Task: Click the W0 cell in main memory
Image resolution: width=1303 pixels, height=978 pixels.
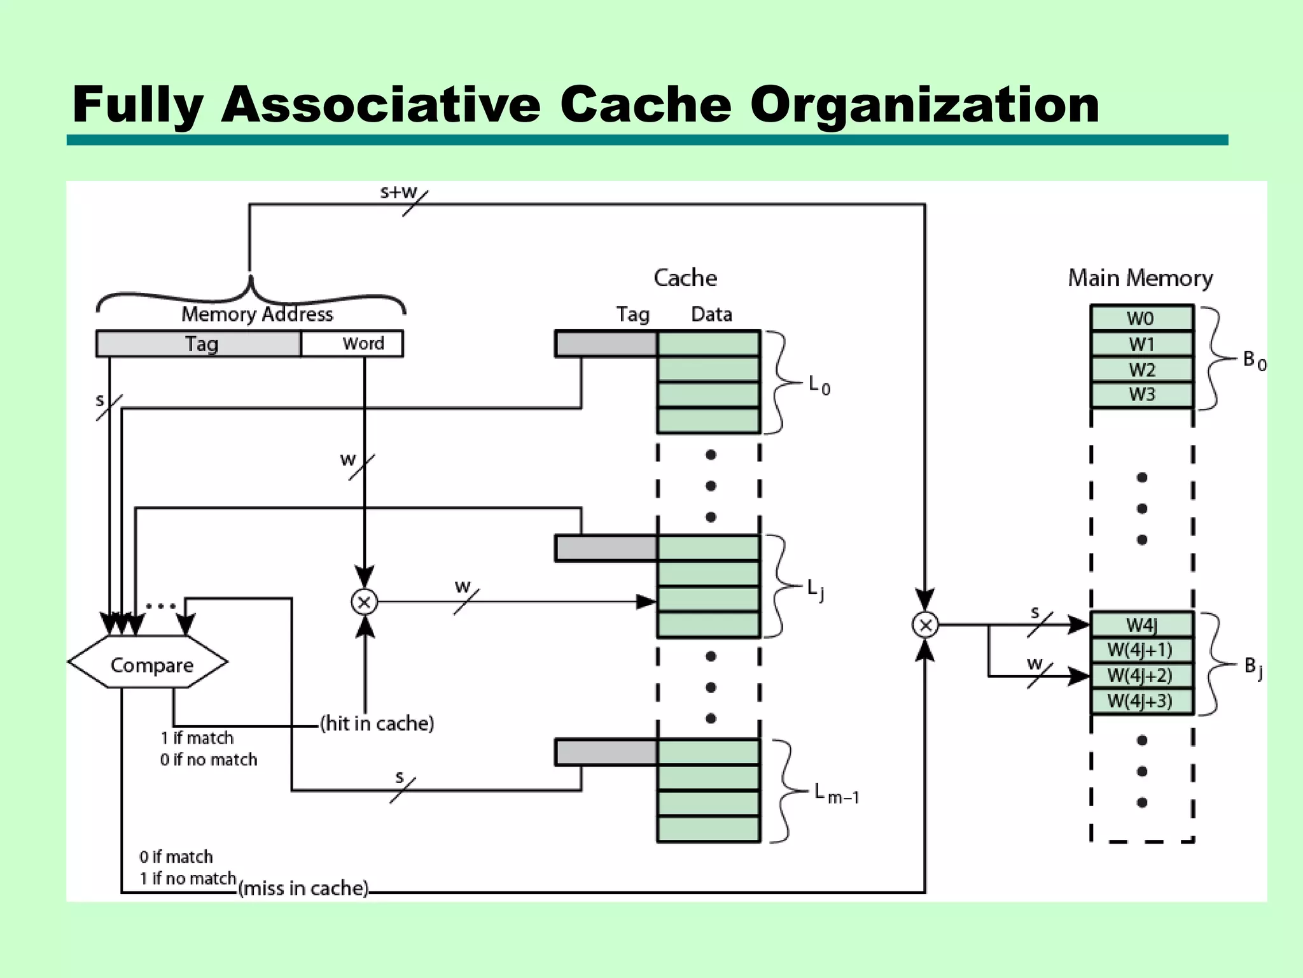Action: (1141, 318)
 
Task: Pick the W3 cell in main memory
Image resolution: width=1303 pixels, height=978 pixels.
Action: (1141, 395)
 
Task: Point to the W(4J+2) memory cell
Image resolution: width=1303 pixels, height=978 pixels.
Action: (1141, 676)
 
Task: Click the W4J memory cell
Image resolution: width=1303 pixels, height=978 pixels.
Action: (1141, 625)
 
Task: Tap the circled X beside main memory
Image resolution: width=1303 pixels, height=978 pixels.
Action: (925, 625)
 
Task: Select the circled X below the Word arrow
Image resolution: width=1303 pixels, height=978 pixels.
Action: (365, 602)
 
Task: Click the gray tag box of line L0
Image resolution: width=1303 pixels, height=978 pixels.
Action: (606, 344)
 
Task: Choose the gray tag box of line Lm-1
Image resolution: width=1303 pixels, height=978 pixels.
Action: (606, 753)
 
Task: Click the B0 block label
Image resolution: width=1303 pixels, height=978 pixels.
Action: (1254, 361)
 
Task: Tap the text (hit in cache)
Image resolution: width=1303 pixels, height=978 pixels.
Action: (377, 724)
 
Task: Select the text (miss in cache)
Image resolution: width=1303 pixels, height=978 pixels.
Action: (303, 888)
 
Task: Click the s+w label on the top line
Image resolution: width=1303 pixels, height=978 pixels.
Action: (398, 192)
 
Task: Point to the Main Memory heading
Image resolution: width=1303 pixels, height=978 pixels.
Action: (1140, 278)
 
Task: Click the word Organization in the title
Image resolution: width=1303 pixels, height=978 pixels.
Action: (924, 104)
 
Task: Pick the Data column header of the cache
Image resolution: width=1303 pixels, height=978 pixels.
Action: (711, 315)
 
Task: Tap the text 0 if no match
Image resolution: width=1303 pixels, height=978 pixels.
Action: (209, 760)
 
